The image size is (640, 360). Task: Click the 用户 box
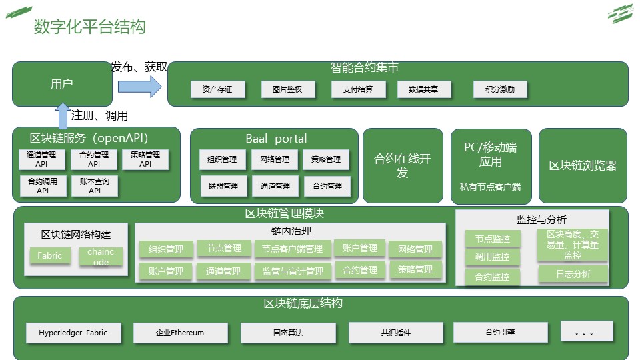tap(62, 84)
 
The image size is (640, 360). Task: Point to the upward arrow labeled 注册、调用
tap(63, 116)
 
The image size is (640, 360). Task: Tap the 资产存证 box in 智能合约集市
tap(217, 89)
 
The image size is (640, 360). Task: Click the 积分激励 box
tap(500, 89)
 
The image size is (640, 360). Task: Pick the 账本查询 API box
tap(94, 185)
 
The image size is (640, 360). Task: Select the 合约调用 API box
tap(43, 185)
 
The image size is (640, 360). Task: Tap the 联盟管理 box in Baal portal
tap(223, 185)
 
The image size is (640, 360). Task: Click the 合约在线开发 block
tap(403, 166)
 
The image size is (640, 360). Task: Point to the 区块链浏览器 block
tap(583, 166)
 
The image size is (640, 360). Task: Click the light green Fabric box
tap(50, 256)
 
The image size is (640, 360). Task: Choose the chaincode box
tap(101, 257)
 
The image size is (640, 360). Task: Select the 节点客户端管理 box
tap(292, 249)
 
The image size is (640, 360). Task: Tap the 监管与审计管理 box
tap(292, 271)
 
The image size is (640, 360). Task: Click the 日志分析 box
tap(573, 274)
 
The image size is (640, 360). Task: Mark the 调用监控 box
tap(492, 257)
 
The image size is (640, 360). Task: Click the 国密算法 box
tap(287, 333)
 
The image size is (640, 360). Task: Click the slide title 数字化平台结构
tap(89, 27)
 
